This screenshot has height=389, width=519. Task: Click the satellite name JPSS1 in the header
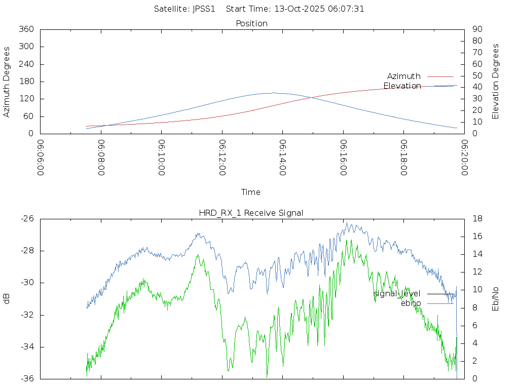coord(204,9)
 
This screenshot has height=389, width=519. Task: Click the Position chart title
coord(252,23)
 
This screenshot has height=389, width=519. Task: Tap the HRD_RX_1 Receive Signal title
coord(251,213)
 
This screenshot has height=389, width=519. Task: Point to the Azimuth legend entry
coord(403,76)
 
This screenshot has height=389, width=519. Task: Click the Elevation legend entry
coord(402,86)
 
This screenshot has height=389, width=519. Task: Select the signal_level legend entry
coord(397,293)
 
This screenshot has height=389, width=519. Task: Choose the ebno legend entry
coord(411,303)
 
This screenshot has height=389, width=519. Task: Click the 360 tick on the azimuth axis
coord(26,29)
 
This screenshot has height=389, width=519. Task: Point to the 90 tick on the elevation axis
coord(476,29)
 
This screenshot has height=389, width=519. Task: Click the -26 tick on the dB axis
coord(27,219)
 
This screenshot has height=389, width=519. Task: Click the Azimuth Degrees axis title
coord(7,82)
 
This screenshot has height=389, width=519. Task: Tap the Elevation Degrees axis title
coord(496,82)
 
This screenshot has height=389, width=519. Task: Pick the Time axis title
coord(251,192)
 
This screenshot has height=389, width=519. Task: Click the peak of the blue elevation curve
coord(274,93)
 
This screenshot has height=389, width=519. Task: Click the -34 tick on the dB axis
coord(27,347)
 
